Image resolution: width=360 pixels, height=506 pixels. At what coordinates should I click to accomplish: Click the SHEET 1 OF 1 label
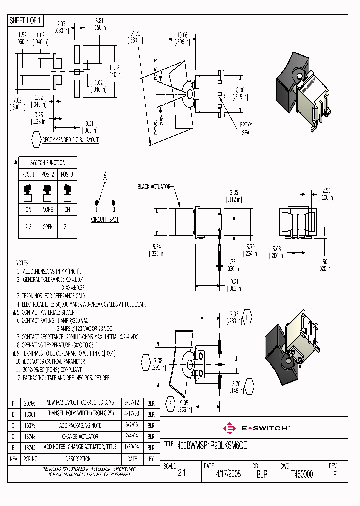tap(26, 20)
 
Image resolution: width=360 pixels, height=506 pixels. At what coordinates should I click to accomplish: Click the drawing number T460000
tap(302, 474)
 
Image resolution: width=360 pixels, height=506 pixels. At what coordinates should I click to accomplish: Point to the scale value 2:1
tap(181, 474)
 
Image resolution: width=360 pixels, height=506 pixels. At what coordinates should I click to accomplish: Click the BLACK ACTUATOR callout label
tap(154, 187)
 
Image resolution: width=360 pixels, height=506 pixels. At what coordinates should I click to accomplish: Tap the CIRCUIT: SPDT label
tap(105, 219)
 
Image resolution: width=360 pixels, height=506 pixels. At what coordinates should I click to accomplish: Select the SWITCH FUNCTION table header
tap(47, 163)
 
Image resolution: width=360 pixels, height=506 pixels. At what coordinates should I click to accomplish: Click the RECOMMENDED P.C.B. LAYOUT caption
tap(70, 140)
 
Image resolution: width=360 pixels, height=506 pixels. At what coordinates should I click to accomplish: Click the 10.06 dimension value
tap(182, 35)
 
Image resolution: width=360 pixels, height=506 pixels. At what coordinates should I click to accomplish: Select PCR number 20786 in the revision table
tap(29, 402)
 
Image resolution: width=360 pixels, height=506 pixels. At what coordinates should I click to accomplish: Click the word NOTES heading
tap(23, 263)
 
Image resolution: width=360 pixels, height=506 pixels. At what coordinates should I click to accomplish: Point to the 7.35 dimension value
tap(234, 314)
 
